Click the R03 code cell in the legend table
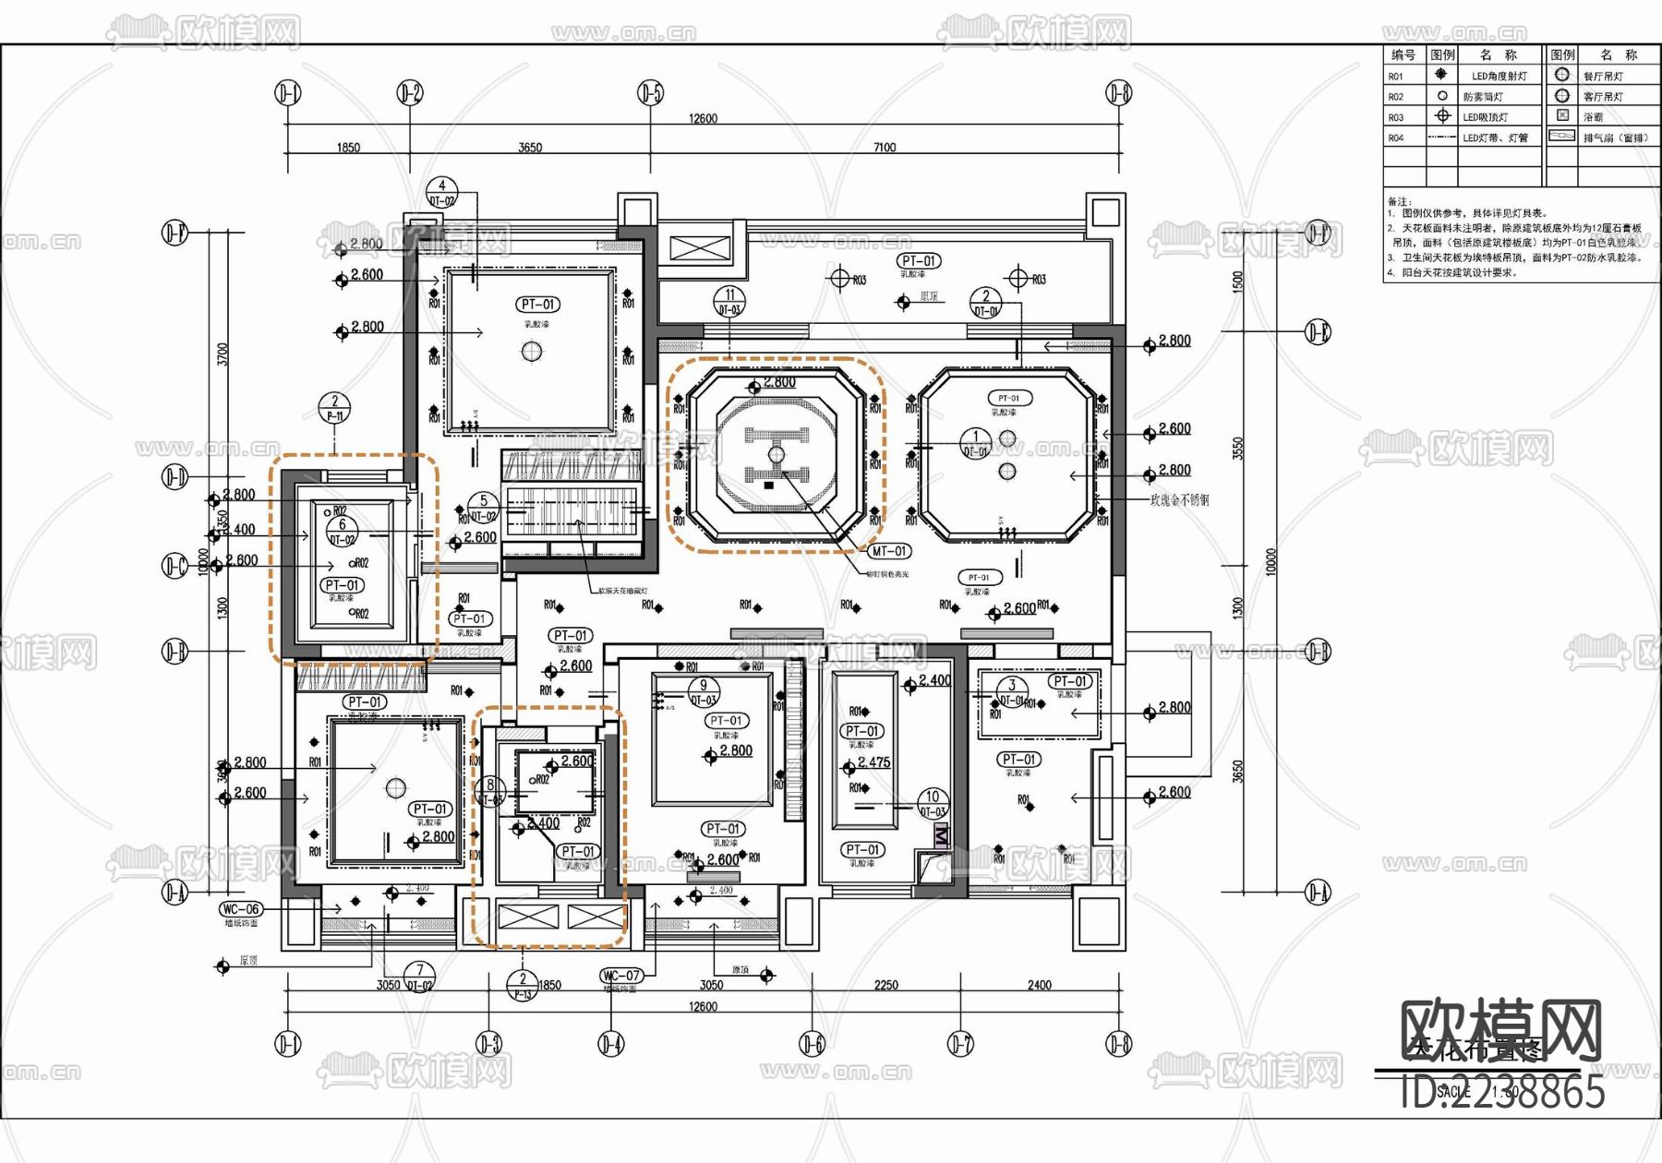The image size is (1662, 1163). (x=1396, y=117)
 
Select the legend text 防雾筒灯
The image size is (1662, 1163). (x=1483, y=97)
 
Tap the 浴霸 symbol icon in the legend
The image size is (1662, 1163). (x=1562, y=115)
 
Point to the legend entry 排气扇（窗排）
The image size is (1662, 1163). (x=1616, y=138)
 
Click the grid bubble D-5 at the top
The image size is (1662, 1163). (x=651, y=92)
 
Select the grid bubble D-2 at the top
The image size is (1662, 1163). (x=410, y=92)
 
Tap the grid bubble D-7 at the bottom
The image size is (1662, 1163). (x=960, y=1044)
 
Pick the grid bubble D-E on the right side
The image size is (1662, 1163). (x=1318, y=331)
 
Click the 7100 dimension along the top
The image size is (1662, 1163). (x=885, y=147)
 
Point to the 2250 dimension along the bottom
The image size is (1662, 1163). (x=885, y=985)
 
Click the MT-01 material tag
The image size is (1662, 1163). (x=889, y=551)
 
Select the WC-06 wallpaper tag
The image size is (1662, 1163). (x=240, y=909)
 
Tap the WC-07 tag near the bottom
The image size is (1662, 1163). (x=621, y=976)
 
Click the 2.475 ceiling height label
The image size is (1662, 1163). (x=873, y=762)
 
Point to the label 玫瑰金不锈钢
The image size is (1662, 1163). (x=1178, y=500)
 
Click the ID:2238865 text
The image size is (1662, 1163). (x=1502, y=1092)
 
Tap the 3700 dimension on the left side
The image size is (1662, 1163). (x=223, y=354)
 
